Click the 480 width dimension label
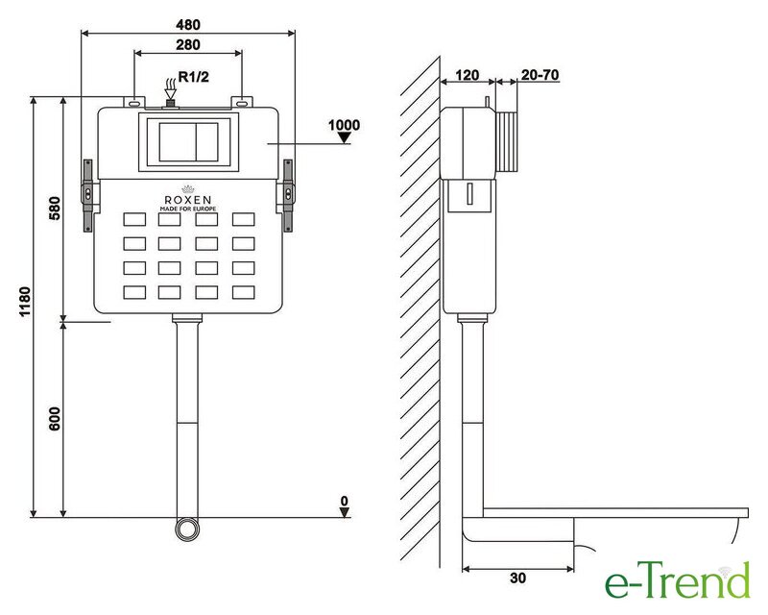(188, 24)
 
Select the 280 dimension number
(188, 44)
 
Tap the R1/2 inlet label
(194, 77)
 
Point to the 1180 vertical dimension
(25, 302)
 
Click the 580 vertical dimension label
(55, 208)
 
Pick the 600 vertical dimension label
(55, 418)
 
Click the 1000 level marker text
(344, 125)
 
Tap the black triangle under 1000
(345, 138)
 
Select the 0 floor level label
(345, 501)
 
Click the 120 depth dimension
(467, 75)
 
